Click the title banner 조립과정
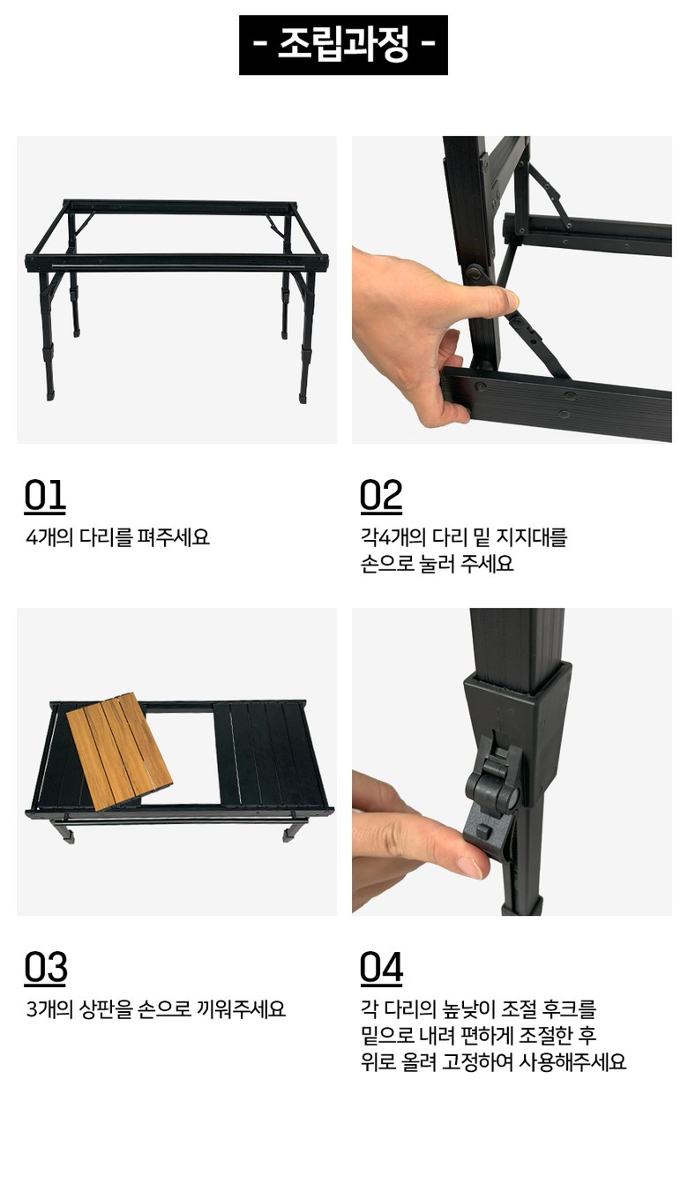(343, 45)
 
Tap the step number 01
(45, 496)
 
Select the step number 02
(380, 496)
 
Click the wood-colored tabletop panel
(119, 751)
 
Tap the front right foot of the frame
(303, 395)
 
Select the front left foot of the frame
(49, 393)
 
